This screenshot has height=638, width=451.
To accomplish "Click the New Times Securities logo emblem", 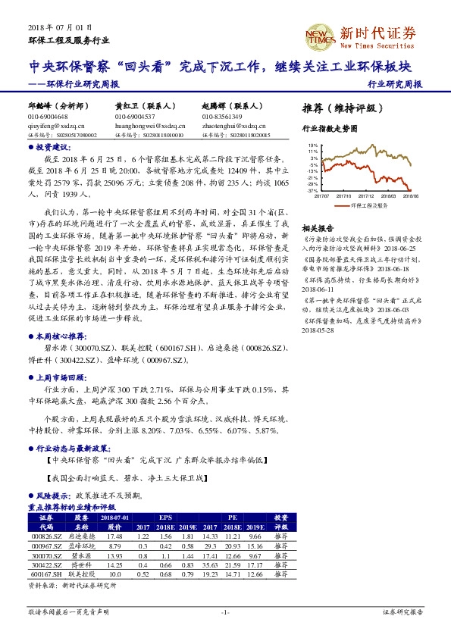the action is [319, 35].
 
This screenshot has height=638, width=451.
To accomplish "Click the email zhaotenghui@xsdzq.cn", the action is [232, 126].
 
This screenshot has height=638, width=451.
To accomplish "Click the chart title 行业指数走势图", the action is [329, 130].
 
